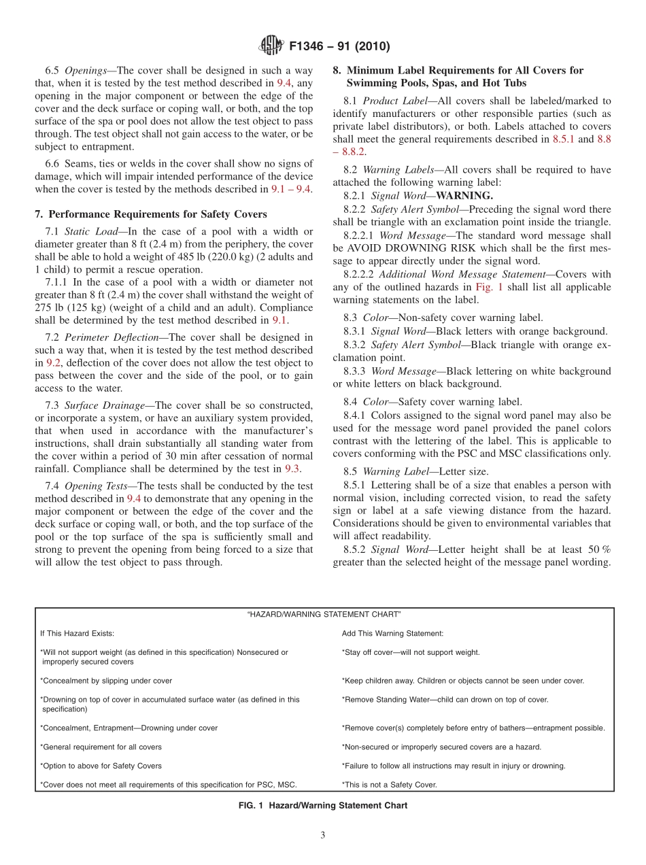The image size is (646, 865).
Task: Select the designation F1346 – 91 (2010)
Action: [x=339, y=47]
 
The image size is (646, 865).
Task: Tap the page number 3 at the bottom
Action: [x=323, y=835]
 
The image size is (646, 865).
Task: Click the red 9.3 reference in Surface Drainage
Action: [x=292, y=469]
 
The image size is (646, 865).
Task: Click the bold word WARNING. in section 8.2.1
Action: [x=464, y=196]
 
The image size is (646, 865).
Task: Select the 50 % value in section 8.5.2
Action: [x=597, y=549]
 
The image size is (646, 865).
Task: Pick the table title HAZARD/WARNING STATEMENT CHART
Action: [x=324, y=614]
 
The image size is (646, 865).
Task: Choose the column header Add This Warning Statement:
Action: [x=392, y=633]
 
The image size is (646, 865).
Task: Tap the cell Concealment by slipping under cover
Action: [x=107, y=680]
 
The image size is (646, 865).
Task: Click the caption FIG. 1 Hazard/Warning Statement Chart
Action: [x=324, y=805]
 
